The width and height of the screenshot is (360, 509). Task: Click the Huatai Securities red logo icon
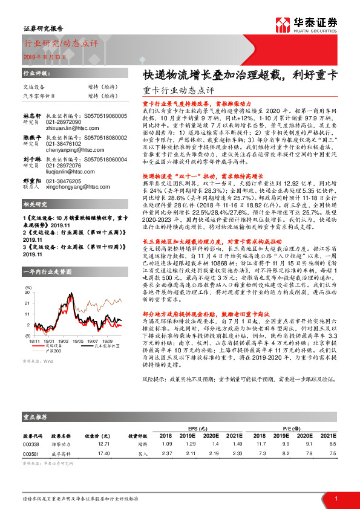(282, 24)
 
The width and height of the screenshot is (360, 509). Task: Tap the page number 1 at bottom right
(335, 498)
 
